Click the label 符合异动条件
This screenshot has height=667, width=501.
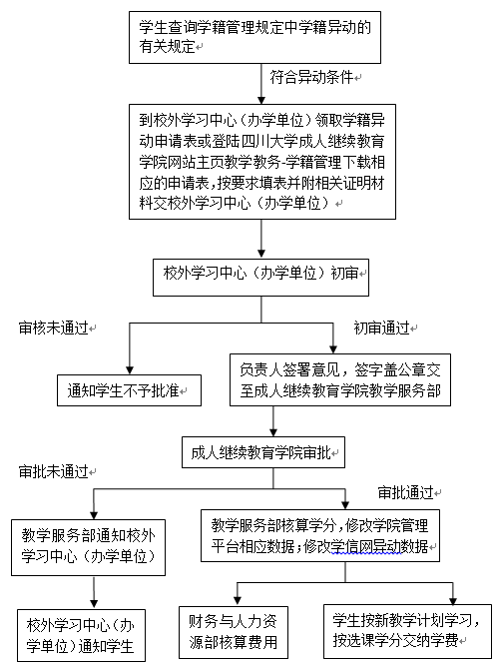(x=313, y=76)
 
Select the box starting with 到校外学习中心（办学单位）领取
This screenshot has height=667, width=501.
(x=260, y=160)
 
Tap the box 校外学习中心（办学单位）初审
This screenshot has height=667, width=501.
(x=260, y=271)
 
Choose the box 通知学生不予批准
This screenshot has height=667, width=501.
(x=128, y=390)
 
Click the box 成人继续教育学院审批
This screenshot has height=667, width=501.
(x=262, y=451)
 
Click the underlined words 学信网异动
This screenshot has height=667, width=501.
(x=371, y=547)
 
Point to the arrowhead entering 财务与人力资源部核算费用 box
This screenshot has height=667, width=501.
(x=241, y=598)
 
